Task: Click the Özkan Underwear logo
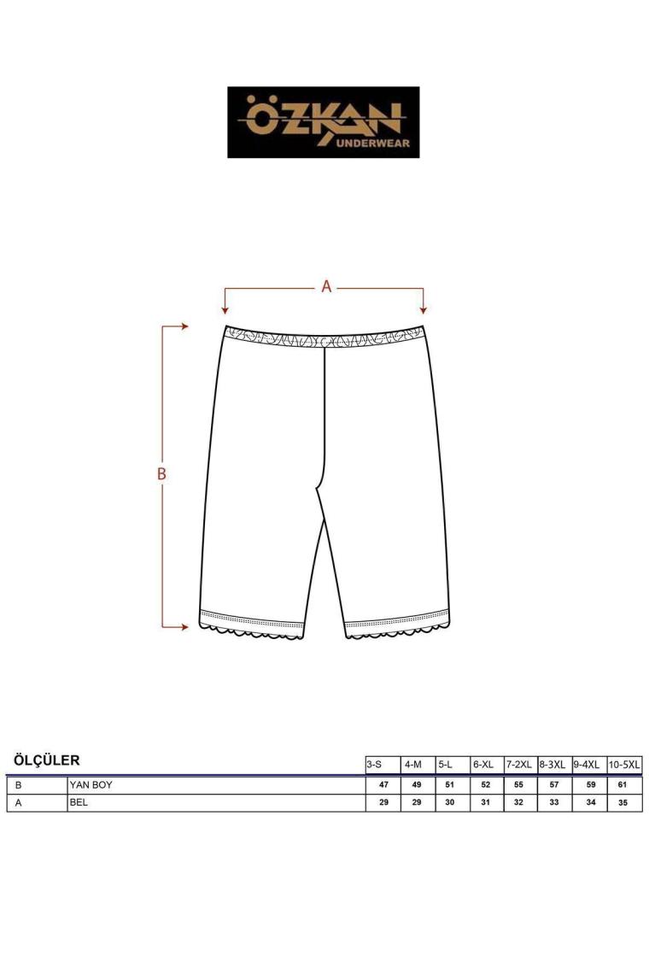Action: click(x=323, y=122)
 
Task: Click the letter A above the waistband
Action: click(x=326, y=286)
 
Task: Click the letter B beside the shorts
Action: click(x=161, y=474)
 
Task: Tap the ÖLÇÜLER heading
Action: click(x=47, y=760)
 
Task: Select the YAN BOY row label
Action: click(x=91, y=785)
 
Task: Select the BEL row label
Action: click(x=79, y=802)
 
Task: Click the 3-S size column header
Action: click(x=374, y=765)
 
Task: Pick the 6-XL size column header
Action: click(x=483, y=765)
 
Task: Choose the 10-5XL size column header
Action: click(x=624, y=765)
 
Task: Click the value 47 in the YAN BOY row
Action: click(x=383, y=785)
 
